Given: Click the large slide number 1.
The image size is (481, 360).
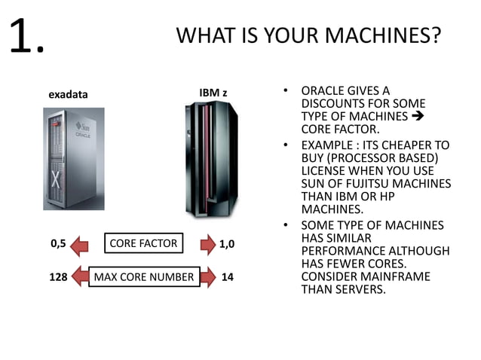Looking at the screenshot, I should tap(27, 36).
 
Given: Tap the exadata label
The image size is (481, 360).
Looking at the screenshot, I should tap(68, 95).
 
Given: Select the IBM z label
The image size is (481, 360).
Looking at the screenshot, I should tap(213, 93).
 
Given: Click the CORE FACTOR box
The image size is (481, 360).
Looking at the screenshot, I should tap(143, 243).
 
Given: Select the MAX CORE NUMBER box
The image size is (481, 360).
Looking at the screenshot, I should tap(143, 277).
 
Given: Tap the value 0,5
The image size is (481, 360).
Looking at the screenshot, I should tap(58, 243).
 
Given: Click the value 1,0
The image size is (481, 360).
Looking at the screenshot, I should tap(226, 244).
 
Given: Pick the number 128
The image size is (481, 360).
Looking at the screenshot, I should tap(58, 277).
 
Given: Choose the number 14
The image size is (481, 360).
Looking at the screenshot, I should tap(227, 277).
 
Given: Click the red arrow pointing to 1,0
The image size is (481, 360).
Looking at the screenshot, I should tap(205, 244).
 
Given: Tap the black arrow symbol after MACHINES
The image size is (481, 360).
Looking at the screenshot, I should tap(420, 117).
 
